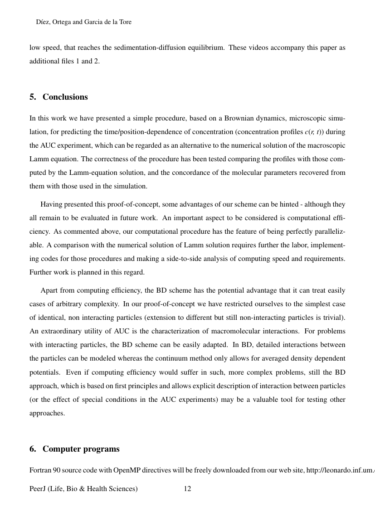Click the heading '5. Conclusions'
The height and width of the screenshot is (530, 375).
58,97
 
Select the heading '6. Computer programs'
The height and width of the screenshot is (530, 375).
74,449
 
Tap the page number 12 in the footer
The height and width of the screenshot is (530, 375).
187,489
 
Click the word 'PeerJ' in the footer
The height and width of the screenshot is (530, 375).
39,489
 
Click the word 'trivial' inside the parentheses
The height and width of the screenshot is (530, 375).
333,317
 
